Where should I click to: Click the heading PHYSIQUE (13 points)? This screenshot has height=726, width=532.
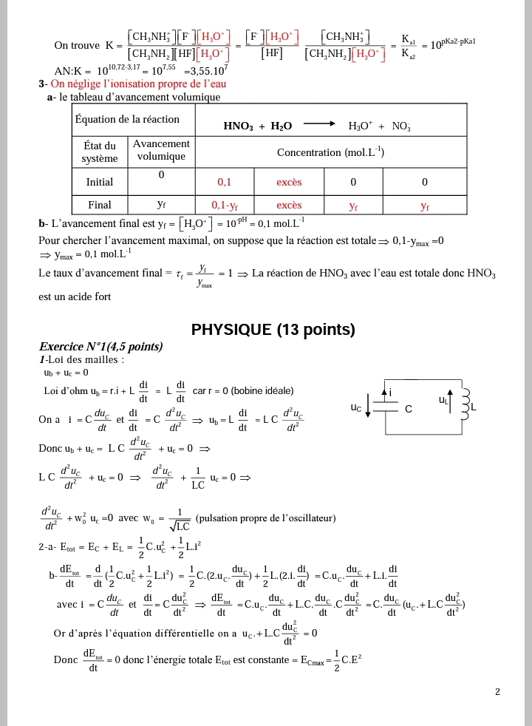tap(273, 330)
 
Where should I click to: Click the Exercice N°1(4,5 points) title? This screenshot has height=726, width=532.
tap(100, 347)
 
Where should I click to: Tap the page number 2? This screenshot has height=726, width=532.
tap(497, 692)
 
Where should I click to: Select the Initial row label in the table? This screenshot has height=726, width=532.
tap(100, 181)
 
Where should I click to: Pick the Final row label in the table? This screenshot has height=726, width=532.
tap(100, 205)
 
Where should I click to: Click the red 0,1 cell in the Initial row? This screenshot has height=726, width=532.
tap(224, 181)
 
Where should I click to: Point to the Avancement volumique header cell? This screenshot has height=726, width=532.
tap(161, 150)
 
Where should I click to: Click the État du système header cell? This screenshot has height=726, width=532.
tap(100, 152)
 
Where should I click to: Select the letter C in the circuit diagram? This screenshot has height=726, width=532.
tap(409, 409)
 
